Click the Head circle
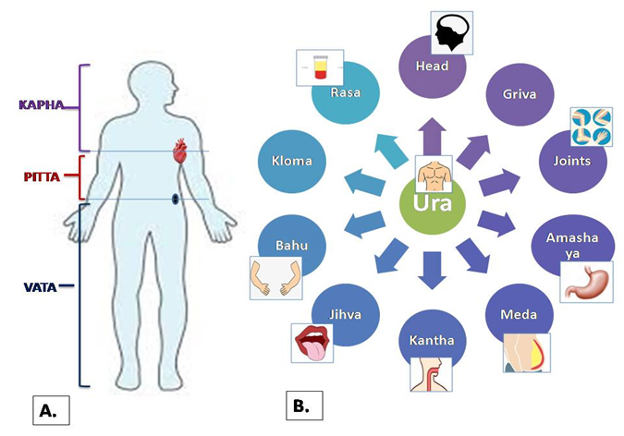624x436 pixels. point(434,66)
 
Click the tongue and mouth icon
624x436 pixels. point(312,341)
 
